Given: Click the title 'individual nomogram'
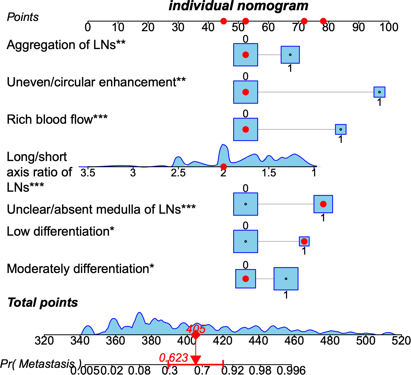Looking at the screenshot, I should tap(238, 6).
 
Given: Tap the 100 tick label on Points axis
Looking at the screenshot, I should tap(389, 27).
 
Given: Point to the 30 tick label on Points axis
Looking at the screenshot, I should tap(178, 27).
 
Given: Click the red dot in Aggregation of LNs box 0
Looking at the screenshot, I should tap(245, 55).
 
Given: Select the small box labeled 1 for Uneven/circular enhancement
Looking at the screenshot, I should tap(379, 92).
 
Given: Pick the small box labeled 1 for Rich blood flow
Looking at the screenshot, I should tap(340, 129).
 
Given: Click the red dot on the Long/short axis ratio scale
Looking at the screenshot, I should tap(224, 167).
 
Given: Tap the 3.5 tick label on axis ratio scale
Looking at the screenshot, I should tap(88, 173).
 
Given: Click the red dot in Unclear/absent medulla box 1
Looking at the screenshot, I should tap(323, 204).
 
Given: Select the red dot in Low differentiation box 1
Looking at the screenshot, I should tap(304, 241).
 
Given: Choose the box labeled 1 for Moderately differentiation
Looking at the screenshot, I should tap(286, 279).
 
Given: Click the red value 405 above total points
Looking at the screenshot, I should tap(196, 329).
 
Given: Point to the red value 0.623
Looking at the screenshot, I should tap(173, 358).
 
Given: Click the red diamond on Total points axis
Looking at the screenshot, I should tap(196, 335).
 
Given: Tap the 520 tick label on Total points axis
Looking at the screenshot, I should tap(401, 341).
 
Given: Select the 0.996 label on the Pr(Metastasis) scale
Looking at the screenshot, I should tap(291, 370).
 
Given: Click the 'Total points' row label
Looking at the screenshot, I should tap(43, 302).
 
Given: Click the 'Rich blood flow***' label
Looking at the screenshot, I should tap(57, 119).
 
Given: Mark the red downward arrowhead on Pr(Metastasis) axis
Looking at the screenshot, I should tap(196, 360).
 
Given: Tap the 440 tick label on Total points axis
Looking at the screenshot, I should tap(258, 341).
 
